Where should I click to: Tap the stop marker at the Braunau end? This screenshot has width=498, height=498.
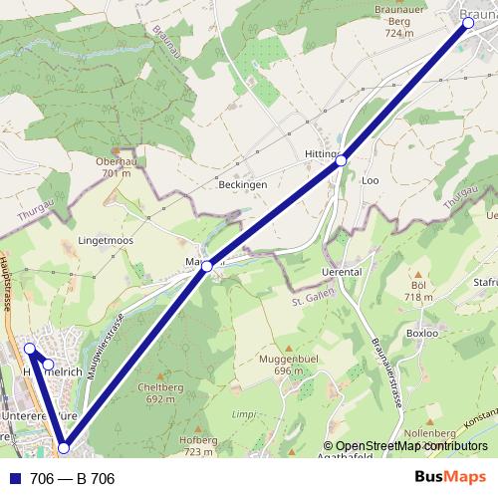click(x=467, y=26)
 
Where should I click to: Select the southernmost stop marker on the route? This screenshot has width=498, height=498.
click(x=64, y=448)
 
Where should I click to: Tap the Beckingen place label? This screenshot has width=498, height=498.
click(x=243, y=185)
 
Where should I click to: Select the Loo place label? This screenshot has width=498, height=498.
click(x=371, y=181)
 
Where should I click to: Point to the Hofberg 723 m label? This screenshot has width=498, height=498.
click(x=199, y=445)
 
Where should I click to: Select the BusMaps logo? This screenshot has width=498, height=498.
click(x=451, y=478)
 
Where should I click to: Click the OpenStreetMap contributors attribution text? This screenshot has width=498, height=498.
click(x=411, y=446)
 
